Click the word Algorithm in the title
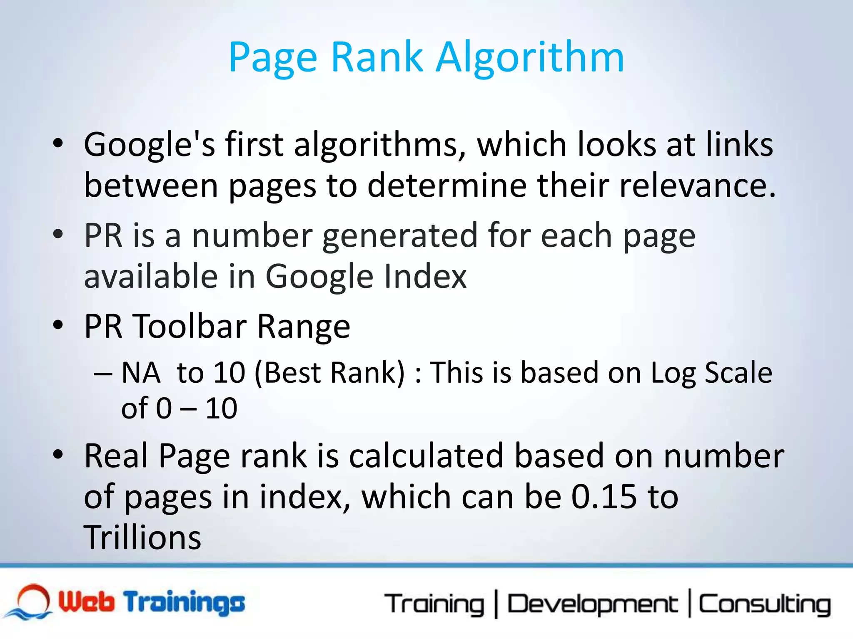[x=530, y=58]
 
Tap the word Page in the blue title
[x=272, y=58]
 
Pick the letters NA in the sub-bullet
[x=141, y=372]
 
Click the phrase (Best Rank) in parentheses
[x=329, y=373]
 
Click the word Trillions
[x=142, y=537]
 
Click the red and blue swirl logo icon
[x=29, y=602]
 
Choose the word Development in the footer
[x=592, y=604]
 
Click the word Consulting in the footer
[x=764, y=604]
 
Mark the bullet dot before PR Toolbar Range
[x=58, y=324]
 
